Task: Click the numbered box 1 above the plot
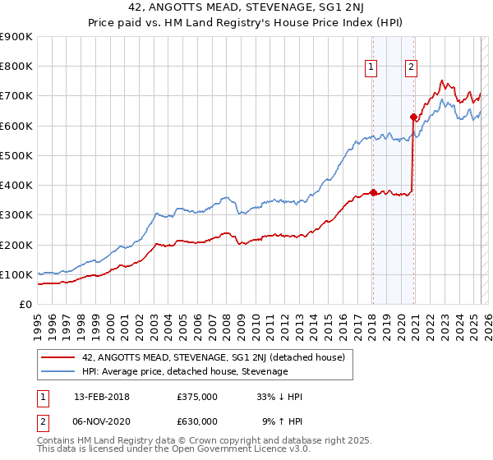click(x=371, y=68)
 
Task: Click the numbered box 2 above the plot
click(x=411, y=68)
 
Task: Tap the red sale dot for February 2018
click(x=373, y=192)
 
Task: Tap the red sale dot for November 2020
click(x=413, y=117)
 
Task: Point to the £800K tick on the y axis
click(x=16, y=67)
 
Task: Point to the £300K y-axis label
click(x=16, y=215)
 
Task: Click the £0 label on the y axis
click(x=25, y=305)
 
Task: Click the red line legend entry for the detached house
click(x=213, y=357)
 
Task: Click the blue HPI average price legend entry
click(x=185, y=372)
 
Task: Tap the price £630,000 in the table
click(x=197, y=421)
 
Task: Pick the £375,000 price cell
click(x=197, y=397)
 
